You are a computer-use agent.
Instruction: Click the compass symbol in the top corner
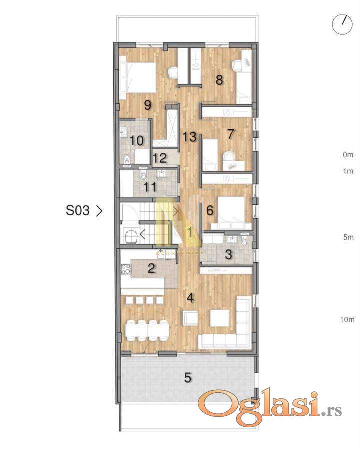pyautogui.click(x=342, y=24)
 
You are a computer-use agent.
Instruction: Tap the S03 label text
pyautogui.click(x=78, y=210)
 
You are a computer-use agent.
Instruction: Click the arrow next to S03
pyautogui.click(x=99, y=211)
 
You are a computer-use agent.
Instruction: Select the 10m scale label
pyautogui.click(x=347, y=319)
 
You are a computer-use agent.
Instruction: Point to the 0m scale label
pyautogui.click(x=348, y=155)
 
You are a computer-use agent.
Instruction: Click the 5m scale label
pyautogui.click(x=348, y=237)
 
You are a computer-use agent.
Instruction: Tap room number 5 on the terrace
pyautogui.click(x=188, y=378)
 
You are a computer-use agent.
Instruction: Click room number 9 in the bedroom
pyautogui.click(x=148, y=105)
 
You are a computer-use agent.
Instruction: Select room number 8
pyautogui.click(x=219, y=80)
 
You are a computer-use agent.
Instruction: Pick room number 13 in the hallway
pyautogui.click(x=189, y=137)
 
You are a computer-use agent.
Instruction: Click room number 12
pyautogui.click(x=160, y=158)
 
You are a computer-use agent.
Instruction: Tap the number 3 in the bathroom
pyautogui.click(x=228, y=254)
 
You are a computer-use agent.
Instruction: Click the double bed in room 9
pyautogui.click(x=138, y=77)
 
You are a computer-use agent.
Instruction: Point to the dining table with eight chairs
pyautogui.click(x=147, y=330)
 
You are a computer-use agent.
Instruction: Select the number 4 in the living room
pyautogui.click(x=190, y=298)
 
